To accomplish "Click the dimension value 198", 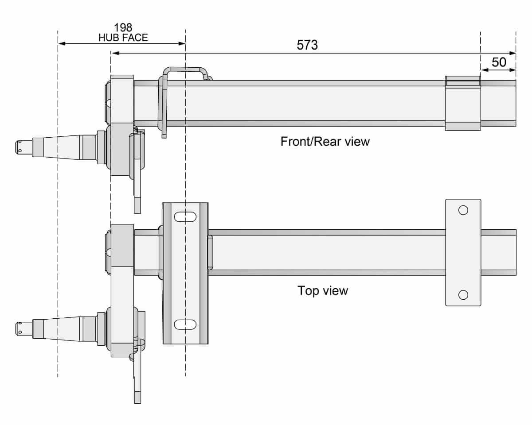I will click(x=123, y=28).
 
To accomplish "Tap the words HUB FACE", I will click(x=123, y=38).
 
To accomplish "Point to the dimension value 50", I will click(x=499, y=62).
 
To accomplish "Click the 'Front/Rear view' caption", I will click(x=325, y=142).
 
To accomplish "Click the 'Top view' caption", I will click(x=322, y=291).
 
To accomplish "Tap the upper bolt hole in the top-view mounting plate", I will click(x=463, y=210).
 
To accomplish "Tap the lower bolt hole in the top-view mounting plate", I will click(x=463, y=294).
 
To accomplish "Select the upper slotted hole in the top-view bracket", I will click(x=185, y=217).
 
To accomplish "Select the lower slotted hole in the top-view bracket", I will click(x=185, y=325).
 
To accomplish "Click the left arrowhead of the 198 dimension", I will click(x=61, y=43).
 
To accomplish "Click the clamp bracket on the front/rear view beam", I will click(x=462, y=103).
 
